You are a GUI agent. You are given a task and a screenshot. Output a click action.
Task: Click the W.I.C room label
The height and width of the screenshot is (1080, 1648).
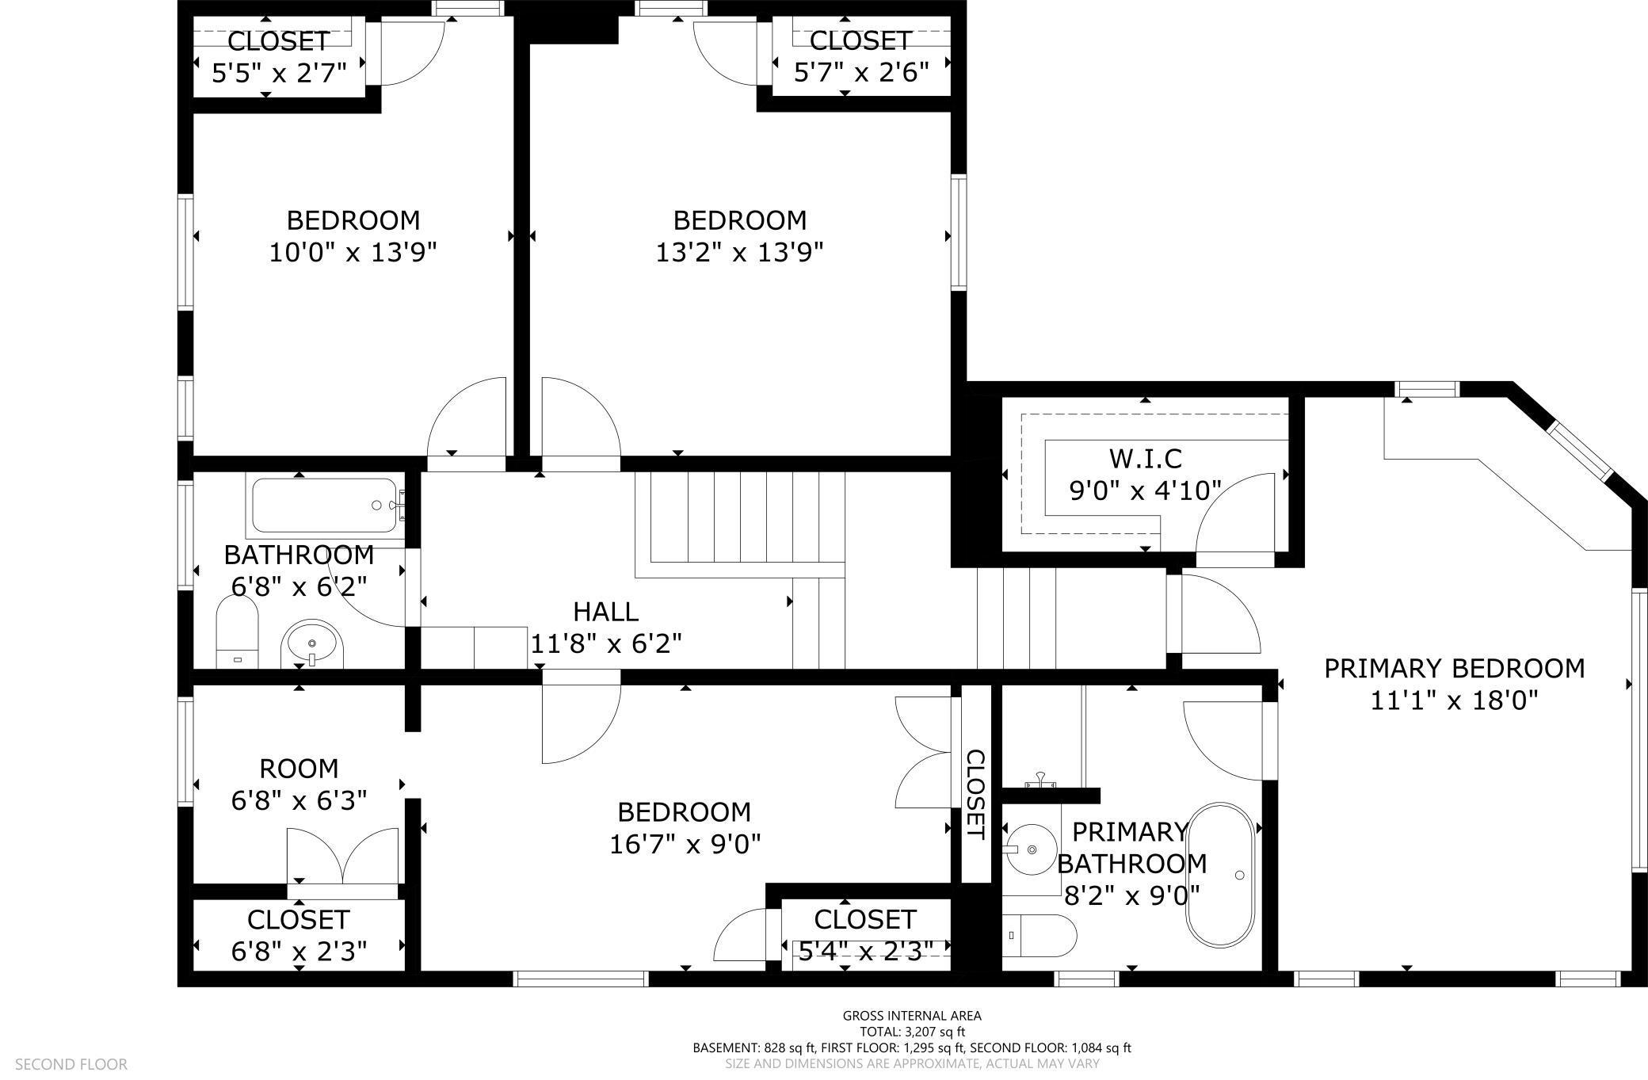tap(1145, 459)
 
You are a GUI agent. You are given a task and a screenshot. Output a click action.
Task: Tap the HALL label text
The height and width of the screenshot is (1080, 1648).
tap(605, 612)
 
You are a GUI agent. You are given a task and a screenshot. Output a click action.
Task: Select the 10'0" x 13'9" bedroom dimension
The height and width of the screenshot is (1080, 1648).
tap(353, 253)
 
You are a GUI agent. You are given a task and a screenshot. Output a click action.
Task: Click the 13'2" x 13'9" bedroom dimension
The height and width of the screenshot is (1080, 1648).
tap(739, 253)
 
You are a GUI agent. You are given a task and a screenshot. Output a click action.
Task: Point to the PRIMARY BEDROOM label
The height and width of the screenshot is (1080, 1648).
tap(1454, 669)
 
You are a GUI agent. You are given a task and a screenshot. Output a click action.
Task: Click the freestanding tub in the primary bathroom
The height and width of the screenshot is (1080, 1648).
tap(1219, 875)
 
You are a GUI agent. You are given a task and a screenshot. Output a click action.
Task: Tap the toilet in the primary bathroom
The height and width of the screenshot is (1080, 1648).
tap(1039, 936)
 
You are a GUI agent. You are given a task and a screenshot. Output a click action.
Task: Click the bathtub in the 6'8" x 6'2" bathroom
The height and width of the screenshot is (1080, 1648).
tap(324, 506)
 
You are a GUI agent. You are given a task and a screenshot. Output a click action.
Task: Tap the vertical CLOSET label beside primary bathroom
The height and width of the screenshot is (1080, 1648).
tap(975, 795)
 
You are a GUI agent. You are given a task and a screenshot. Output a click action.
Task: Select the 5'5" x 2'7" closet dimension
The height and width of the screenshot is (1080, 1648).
tap(279, 74)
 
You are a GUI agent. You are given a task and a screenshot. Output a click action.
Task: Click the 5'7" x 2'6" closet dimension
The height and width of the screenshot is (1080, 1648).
tap(860, 73)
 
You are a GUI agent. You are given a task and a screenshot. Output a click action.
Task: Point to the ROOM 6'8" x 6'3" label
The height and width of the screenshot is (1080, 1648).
tap(299, 769)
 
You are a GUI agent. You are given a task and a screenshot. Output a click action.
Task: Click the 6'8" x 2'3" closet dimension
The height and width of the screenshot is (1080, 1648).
tap(299, 951)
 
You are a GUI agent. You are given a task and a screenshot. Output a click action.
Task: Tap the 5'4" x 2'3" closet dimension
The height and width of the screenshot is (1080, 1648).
tap(864, 950)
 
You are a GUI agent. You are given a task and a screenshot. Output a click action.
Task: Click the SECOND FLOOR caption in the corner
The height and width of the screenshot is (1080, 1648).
tap(71, 1064)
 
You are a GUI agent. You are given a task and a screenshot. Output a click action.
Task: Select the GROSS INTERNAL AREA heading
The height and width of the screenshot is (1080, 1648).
tap(911, 1016)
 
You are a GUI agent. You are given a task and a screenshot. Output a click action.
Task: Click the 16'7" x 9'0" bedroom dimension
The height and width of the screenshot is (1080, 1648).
tap(685, 845)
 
